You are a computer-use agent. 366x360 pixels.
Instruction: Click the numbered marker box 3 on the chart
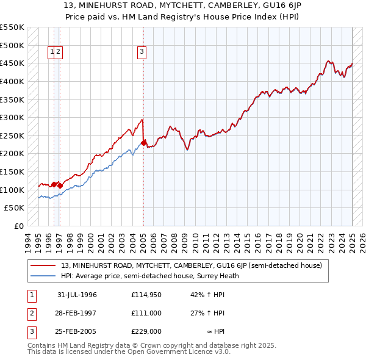click(x=142, y=52)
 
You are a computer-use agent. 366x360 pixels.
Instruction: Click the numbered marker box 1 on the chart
click(x=52, y=52)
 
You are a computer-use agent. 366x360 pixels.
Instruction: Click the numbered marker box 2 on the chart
click(x=59, y=52)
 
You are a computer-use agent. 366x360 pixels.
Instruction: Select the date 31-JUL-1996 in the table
click(x=77, y=295)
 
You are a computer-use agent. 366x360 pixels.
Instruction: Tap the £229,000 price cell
click(x=146, y=331)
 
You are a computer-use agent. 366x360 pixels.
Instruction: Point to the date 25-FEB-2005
click(x=77, y=331)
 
